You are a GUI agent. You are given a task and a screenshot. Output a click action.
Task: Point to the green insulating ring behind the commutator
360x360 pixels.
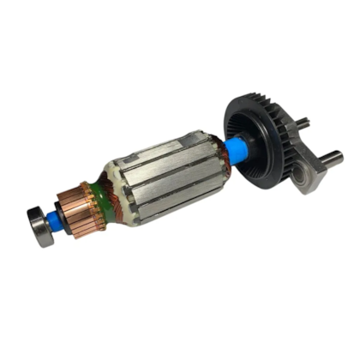pyautogui.click(x=108, y=195)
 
